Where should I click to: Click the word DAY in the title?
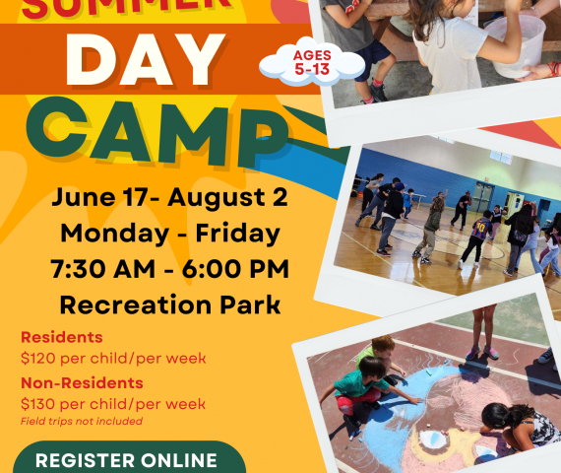(146, 59)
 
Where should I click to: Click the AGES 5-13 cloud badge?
(312, 62)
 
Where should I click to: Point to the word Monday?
(114, 234)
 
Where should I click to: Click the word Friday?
(237, 234)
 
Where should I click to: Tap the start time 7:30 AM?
(102, 269)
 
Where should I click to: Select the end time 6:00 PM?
(235, 269)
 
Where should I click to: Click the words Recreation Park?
(170, 304)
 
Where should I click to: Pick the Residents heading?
(62, 337)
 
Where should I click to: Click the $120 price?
(38, 359)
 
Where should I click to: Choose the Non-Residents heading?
(82, 382)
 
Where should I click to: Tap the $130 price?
(38, 404)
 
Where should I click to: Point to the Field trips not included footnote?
(82, 421)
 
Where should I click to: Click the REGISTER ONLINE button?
(129, 457)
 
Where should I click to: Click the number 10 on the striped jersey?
(481, 227)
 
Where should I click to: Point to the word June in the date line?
(84, 198)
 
